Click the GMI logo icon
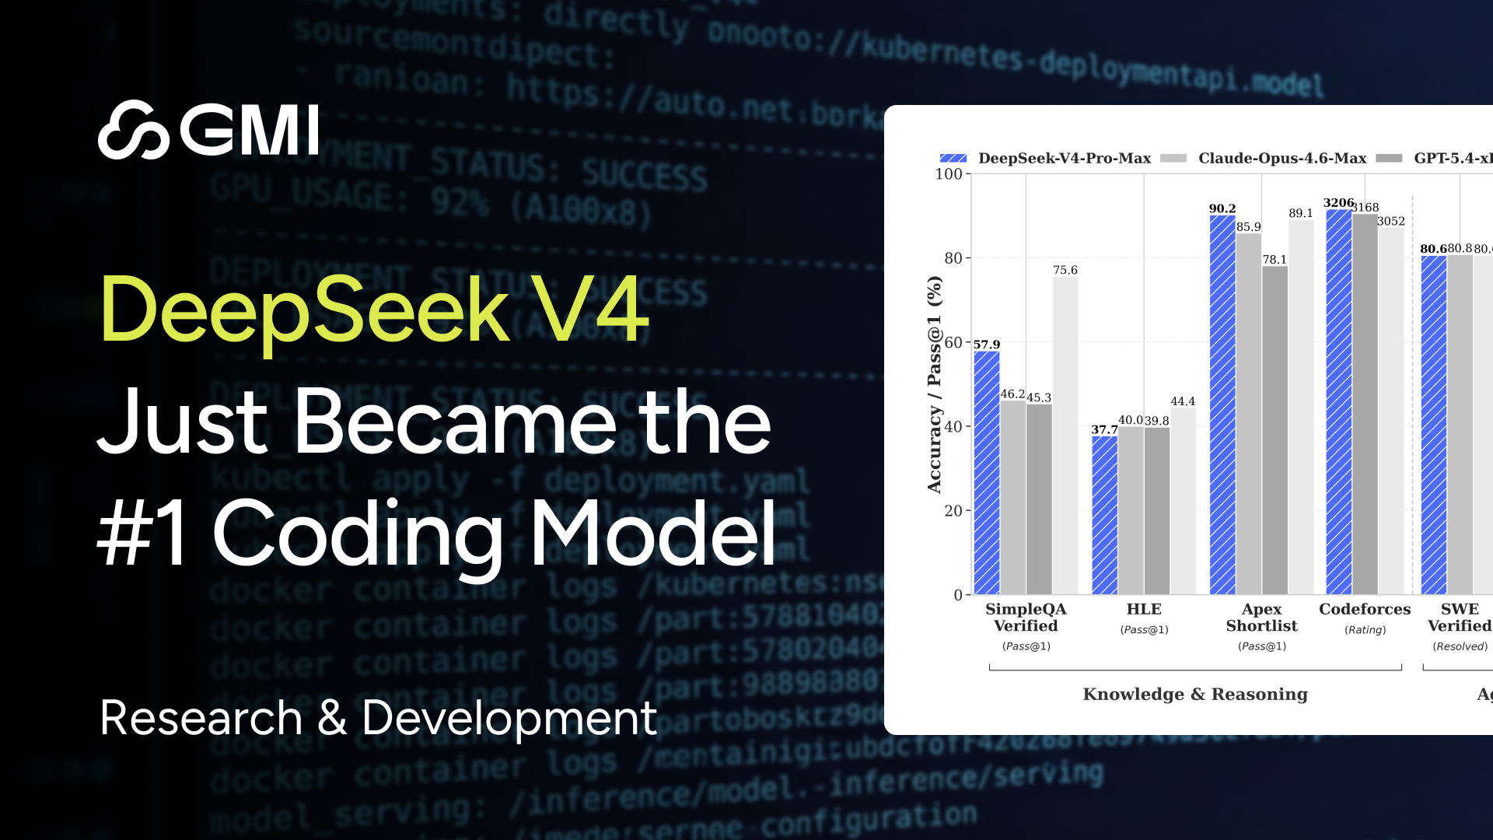[x=133, y=130]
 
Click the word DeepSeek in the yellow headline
[x=304, y=310]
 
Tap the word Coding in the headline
[x=358, y=534]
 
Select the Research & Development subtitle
[x=379, y=717]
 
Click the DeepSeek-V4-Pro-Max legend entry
[x=1045, y=159]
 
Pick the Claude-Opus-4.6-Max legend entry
[x=1264, y=159]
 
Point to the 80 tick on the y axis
[x=953, y=258]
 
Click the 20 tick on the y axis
[x=953, y=511]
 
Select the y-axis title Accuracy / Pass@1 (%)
[x=934, y=385]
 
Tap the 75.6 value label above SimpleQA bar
[x=1065, y=270]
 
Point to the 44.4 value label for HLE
[x=1183, y=401]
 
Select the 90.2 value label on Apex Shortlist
[x=1222, y=208]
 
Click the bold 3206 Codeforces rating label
[x=1338, y=203]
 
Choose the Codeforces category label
[x=1365, y=609]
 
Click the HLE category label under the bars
[x=1144, y=609]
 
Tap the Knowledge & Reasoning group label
[x=1195, y=694]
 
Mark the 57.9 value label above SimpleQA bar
[x=987, y=345]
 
